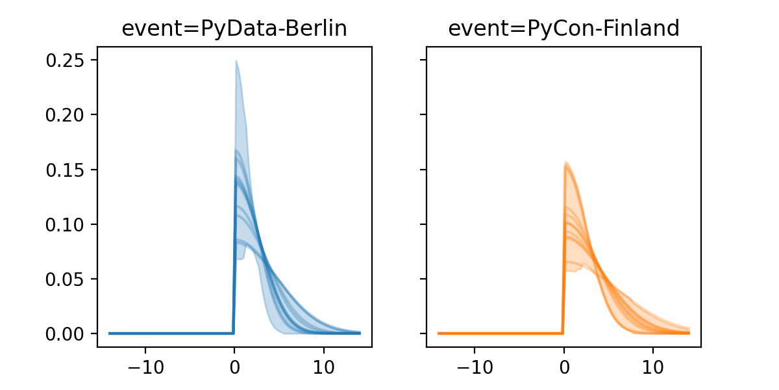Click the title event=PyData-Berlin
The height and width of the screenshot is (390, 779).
234,29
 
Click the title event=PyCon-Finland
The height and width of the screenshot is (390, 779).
563,29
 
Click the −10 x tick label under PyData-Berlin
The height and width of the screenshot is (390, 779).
145,364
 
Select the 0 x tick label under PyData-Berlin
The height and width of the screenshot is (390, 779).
234,364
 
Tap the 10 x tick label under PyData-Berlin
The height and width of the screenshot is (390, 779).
324,364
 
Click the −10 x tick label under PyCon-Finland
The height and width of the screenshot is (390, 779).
474,364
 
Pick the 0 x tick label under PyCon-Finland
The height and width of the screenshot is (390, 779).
563,364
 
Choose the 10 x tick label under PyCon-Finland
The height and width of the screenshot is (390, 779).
653,364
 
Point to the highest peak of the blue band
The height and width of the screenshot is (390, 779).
236,61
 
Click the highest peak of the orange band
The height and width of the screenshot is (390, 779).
566,162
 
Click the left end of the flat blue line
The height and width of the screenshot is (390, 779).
110,333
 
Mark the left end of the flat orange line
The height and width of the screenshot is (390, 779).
439,333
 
